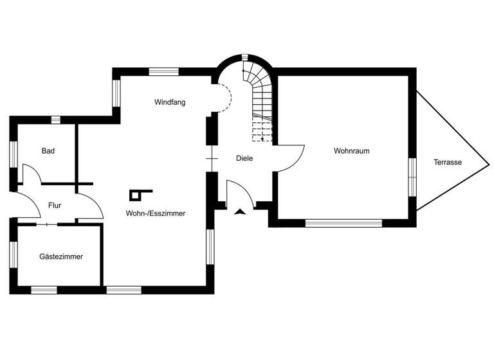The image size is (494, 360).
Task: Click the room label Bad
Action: (x=48, y=151)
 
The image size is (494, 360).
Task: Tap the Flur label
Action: (x=54, y=206)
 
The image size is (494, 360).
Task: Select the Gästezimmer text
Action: (x=61, y=256)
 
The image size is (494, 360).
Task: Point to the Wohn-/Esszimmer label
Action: (x=156, y=213)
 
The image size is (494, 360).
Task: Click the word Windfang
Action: (x=170, y=102)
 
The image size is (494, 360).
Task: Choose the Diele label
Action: (x=244, y=157)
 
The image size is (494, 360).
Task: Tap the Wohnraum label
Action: (x=351, y=151)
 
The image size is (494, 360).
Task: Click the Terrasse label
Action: (x=447, y=162)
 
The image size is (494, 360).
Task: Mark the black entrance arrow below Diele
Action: (x=241, y=212)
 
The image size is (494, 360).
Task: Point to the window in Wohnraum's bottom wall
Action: (x=343, y=223)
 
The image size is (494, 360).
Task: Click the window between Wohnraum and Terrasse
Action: (x=412, y=177)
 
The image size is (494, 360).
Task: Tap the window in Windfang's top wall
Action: (x=158, y=71)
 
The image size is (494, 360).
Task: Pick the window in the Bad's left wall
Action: (x=13, y=155)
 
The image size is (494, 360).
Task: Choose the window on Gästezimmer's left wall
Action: (x=13, y=254)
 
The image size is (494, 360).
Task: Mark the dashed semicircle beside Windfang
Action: (x=224, y=98)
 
